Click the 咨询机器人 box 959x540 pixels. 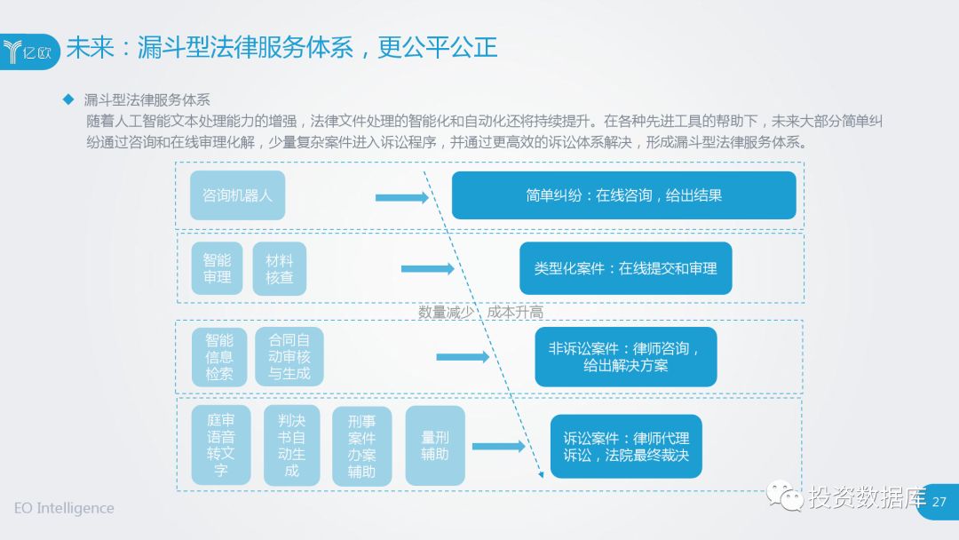pyautogui.click(x=237, y=195)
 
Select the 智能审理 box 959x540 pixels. pyautogui.click(x=217, y=268)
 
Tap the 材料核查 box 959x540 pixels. pyautogui.click(x=279, y=268)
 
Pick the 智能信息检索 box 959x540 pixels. pyautogui.click(x=219, y=356)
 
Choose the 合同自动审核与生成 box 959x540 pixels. pyautogui.click(x=289, y=356)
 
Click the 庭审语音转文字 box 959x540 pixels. pyautogui.click(x=220, y=445)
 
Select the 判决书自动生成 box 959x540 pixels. pyautogui.click(x=291, y=445)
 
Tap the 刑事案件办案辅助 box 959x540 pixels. pyautogui.click(x=361, y=446)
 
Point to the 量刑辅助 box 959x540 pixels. pyautogui.click(x=434, y=445)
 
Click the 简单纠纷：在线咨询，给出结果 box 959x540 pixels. pyautogui.click(x=623, y=195)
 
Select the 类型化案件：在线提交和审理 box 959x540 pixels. pyautogui.click(x=625, y=268)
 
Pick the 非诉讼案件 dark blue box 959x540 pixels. pyautogui.click(x=625, y=356)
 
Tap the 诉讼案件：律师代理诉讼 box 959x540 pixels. pyautogui.click(x=625, y=447)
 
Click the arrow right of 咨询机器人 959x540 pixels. pyautogui.click(x=401, y=197)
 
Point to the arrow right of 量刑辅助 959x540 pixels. pyautogui.click(x=498, y=448)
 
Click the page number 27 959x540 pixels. pyautogui.click(x=939, y=502)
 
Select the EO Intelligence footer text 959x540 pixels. pyautogui.click(x=64, y=508)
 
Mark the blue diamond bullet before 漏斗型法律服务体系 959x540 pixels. pyautogui.click(x=67, y=98)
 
